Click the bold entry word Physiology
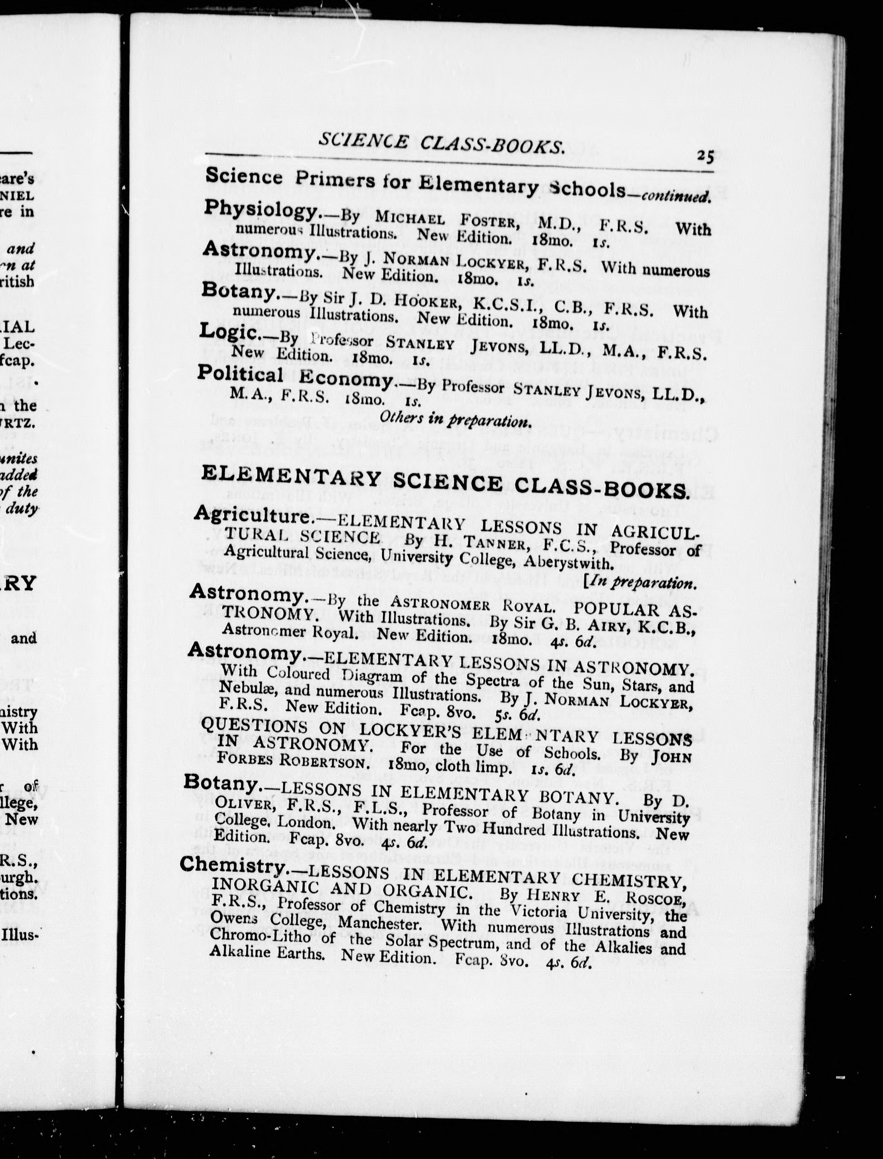pyautogui.click(x=262, y=210)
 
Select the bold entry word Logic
pyautogui.click(x=229, y=332)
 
